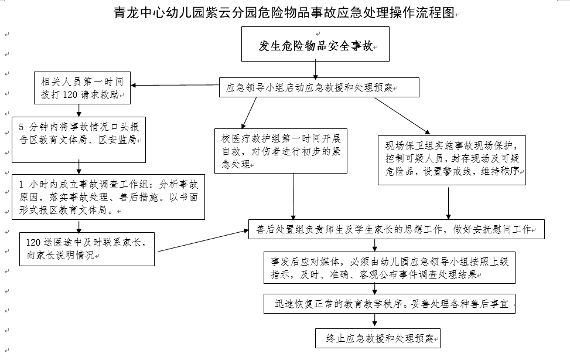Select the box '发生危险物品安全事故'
316,45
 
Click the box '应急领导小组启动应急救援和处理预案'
319,88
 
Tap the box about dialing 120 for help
81,87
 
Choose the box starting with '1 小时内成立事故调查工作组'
108,196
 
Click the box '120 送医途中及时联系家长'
87,248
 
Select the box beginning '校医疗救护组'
281,150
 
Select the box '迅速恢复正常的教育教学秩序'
390,304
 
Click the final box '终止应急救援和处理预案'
377,338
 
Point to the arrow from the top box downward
316,70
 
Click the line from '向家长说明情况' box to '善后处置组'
202,242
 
